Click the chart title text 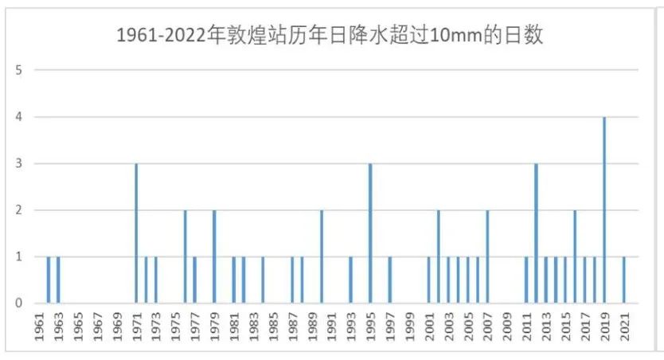pos(330,36)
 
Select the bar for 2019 pos(604,210)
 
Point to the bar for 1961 pos(49,280)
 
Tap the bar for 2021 pos(623,280)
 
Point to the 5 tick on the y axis pos(18,70)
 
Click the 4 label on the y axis pos(18,117)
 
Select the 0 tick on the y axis pos(18,303)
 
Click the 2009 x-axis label pos(508,328)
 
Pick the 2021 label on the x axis pos(624,328)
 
